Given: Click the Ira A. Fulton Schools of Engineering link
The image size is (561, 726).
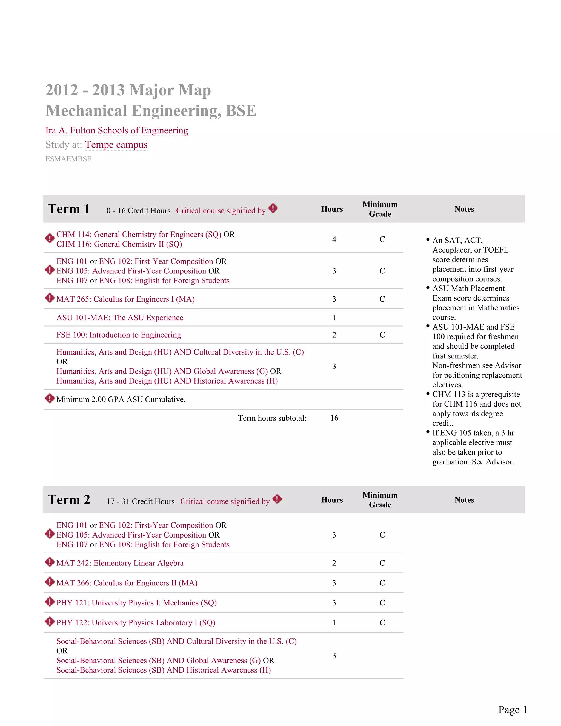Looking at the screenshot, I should tap(117, 130).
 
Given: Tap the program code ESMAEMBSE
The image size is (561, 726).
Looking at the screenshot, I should tap(68, 159).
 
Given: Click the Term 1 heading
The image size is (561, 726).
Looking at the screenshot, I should tap(69, 209).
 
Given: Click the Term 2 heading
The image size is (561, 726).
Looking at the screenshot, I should tap(69, 500).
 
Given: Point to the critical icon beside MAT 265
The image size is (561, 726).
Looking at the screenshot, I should tap(50, 298).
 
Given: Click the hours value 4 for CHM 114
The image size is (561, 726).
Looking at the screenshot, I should tap(334, 239).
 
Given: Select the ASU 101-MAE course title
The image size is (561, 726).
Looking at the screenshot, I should tap(120, 318).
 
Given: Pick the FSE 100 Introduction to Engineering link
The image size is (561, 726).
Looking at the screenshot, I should tap(119, 335).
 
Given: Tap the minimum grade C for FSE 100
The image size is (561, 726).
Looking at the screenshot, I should tap(382, 335).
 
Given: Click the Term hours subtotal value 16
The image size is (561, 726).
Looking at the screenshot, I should tap(334, 418).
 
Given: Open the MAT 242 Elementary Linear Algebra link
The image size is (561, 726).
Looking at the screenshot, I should tap(120, 563).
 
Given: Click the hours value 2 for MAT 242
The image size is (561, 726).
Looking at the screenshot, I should tap(334, 563).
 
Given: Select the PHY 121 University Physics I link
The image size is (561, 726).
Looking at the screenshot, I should tap(136, 603).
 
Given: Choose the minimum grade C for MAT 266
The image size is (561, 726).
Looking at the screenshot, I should tap(382, 583).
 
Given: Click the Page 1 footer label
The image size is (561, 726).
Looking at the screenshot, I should tap(512, 710).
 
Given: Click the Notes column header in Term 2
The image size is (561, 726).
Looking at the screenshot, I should tap(464, 500).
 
